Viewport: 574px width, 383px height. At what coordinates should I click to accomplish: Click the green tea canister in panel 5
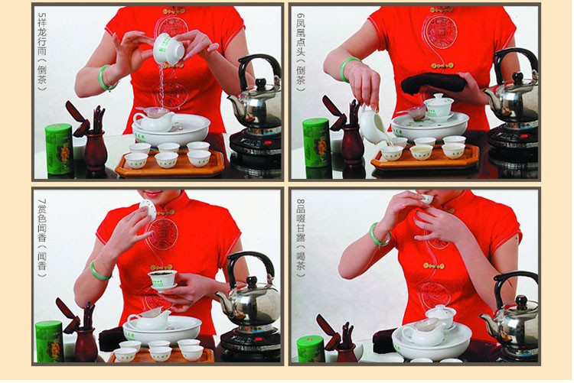coord(59,148)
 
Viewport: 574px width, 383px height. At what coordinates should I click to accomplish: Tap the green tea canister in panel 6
coord(316,143)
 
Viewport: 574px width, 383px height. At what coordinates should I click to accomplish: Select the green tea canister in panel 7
coord(49,341)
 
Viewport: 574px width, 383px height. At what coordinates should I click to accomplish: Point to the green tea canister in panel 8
coord(310,349)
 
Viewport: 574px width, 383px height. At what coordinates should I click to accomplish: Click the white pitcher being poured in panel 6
coord(372,125)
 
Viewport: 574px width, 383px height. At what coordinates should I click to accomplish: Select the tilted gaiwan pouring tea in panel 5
coord(168,50)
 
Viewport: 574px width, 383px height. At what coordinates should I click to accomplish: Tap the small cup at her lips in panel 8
coord(427,199)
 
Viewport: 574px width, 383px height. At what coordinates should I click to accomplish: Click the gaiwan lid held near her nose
coord(148,209)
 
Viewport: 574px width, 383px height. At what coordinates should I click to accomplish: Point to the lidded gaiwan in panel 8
coord(441,316)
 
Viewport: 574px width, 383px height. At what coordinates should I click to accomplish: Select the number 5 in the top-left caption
coord(42,17)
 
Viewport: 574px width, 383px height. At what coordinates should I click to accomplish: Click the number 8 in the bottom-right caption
coord(300,203)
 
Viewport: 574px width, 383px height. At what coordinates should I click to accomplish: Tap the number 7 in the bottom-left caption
coord(42,203)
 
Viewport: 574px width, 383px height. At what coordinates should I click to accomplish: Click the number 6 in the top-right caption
coord(300,17)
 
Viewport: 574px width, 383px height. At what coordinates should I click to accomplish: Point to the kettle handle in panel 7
coord(249,261)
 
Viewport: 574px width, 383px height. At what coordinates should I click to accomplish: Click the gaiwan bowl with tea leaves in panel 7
coord(162,279)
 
